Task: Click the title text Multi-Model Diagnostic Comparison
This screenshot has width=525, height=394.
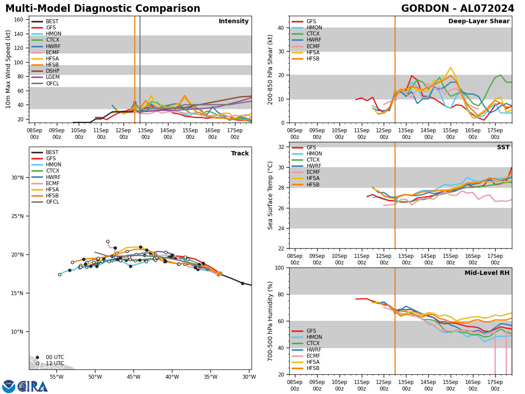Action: click(102, 9)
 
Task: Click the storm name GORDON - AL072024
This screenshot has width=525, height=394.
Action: click(458, 9)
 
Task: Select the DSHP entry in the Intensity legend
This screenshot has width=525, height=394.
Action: click(52, 71)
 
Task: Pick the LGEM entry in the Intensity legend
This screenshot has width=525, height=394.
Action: click(52, 77)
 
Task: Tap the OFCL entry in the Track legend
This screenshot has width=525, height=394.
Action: click(52, 202)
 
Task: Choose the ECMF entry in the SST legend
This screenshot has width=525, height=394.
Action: click(314, 172)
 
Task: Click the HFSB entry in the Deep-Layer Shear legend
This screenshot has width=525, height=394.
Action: click(313, 59)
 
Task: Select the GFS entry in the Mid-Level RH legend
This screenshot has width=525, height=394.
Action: click(312, 331)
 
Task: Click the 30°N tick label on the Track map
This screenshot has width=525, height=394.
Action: click(17, 177)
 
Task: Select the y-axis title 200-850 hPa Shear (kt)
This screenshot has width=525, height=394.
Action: click(271, 69)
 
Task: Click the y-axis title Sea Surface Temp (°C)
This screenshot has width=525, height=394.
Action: click(271, 195)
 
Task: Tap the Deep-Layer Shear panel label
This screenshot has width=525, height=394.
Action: click(479, 21)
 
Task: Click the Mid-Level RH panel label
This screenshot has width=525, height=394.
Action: click(487, 273)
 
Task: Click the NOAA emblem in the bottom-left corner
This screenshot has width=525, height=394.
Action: click(9, 387)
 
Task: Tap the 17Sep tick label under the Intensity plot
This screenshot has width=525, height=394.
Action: click(235, 134)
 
